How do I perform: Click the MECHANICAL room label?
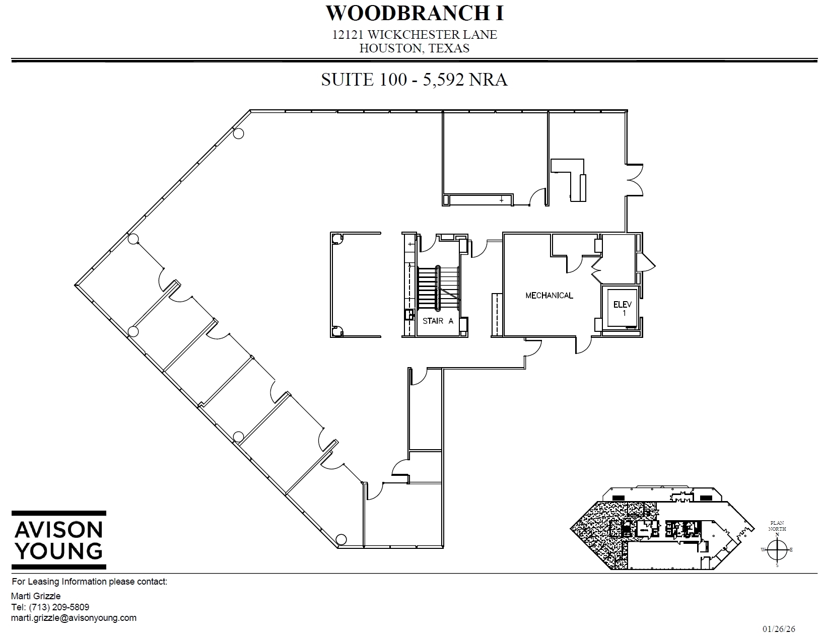coord(549,296)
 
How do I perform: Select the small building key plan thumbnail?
coord(662,529)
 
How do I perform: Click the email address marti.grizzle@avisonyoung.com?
coord(74,618)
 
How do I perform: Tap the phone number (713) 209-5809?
coord(59,607)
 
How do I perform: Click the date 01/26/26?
coord(779,629)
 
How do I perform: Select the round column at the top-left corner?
coord(239,133)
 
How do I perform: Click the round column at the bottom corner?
coord(341,539)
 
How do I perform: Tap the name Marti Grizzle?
coord(35,596)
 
